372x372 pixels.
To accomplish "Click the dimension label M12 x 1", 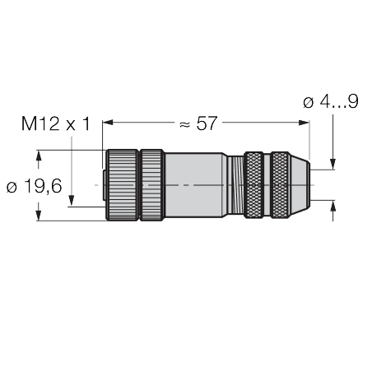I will (54, 124).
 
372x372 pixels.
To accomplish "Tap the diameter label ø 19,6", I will (33, 186).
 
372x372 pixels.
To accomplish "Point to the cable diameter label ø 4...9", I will (331, 103).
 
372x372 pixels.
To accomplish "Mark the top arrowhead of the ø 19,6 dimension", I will (39, 154).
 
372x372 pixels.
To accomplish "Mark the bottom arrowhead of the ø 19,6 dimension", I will (39, 216).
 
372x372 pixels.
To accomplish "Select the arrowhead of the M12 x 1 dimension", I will (72, 201).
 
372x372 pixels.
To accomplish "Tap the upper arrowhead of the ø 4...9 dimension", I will (333, 165).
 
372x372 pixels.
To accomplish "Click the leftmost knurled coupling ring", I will (120, 185).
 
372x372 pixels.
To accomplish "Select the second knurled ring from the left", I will (151, 185).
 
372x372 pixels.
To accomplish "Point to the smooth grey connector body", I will (198, 185).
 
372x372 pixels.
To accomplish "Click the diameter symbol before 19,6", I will (12, 187).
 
